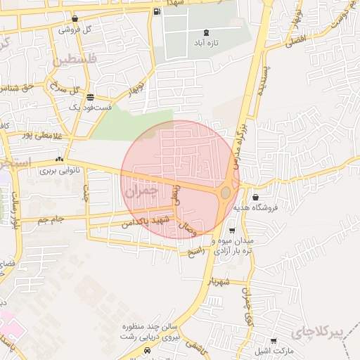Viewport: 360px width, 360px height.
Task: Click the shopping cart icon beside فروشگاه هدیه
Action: click(254, 197)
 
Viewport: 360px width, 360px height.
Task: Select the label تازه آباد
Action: click(205, 44)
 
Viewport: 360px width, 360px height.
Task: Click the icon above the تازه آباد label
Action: click(205, 32)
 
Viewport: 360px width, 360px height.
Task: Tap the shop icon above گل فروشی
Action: click(75, 18)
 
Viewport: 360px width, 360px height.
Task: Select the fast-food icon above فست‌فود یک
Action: click(89, 96)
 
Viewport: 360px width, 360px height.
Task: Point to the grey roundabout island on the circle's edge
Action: click(226, 192)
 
